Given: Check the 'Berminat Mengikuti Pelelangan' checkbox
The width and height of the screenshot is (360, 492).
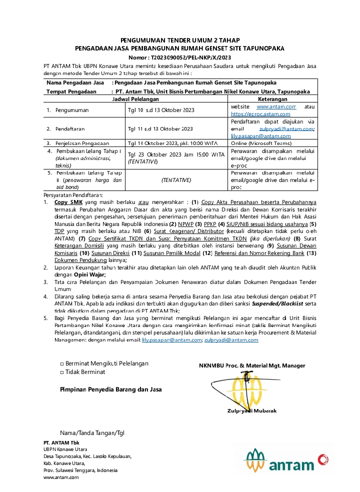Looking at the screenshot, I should (x=62, y=363).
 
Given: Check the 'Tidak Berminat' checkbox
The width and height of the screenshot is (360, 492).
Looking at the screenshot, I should (x=62, y=372).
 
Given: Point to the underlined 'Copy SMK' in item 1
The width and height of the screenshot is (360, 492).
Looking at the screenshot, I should (x=68, y=201).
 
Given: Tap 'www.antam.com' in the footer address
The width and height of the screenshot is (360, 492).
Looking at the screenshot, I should (x=61, y=477).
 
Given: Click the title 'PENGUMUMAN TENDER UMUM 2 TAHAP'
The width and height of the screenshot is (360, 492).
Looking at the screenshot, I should (x=179, y=40).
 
